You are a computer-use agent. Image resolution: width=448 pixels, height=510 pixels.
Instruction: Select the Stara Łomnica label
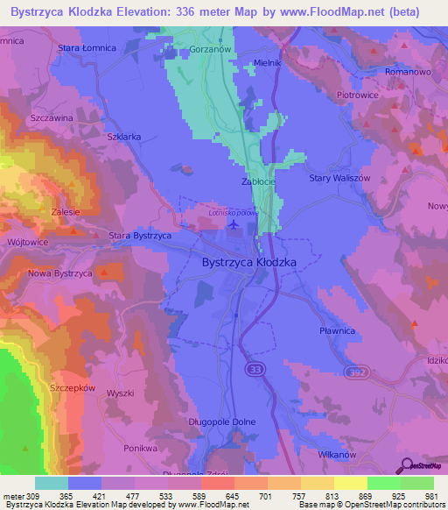point(87,47)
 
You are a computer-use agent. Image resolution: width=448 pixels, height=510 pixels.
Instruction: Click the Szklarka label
point(122,138)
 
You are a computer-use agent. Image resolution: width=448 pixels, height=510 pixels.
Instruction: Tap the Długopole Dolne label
point(223,421)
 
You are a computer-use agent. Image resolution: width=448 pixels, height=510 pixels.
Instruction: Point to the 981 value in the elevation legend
point(430,496)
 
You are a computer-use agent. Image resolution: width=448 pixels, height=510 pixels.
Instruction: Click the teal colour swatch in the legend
point(52,483)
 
